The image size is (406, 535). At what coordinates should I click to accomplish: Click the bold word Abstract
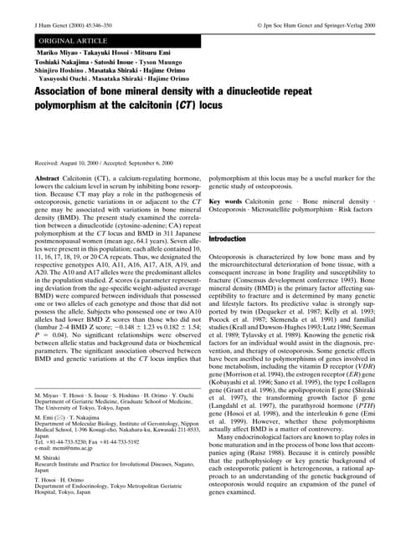(48, 179)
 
